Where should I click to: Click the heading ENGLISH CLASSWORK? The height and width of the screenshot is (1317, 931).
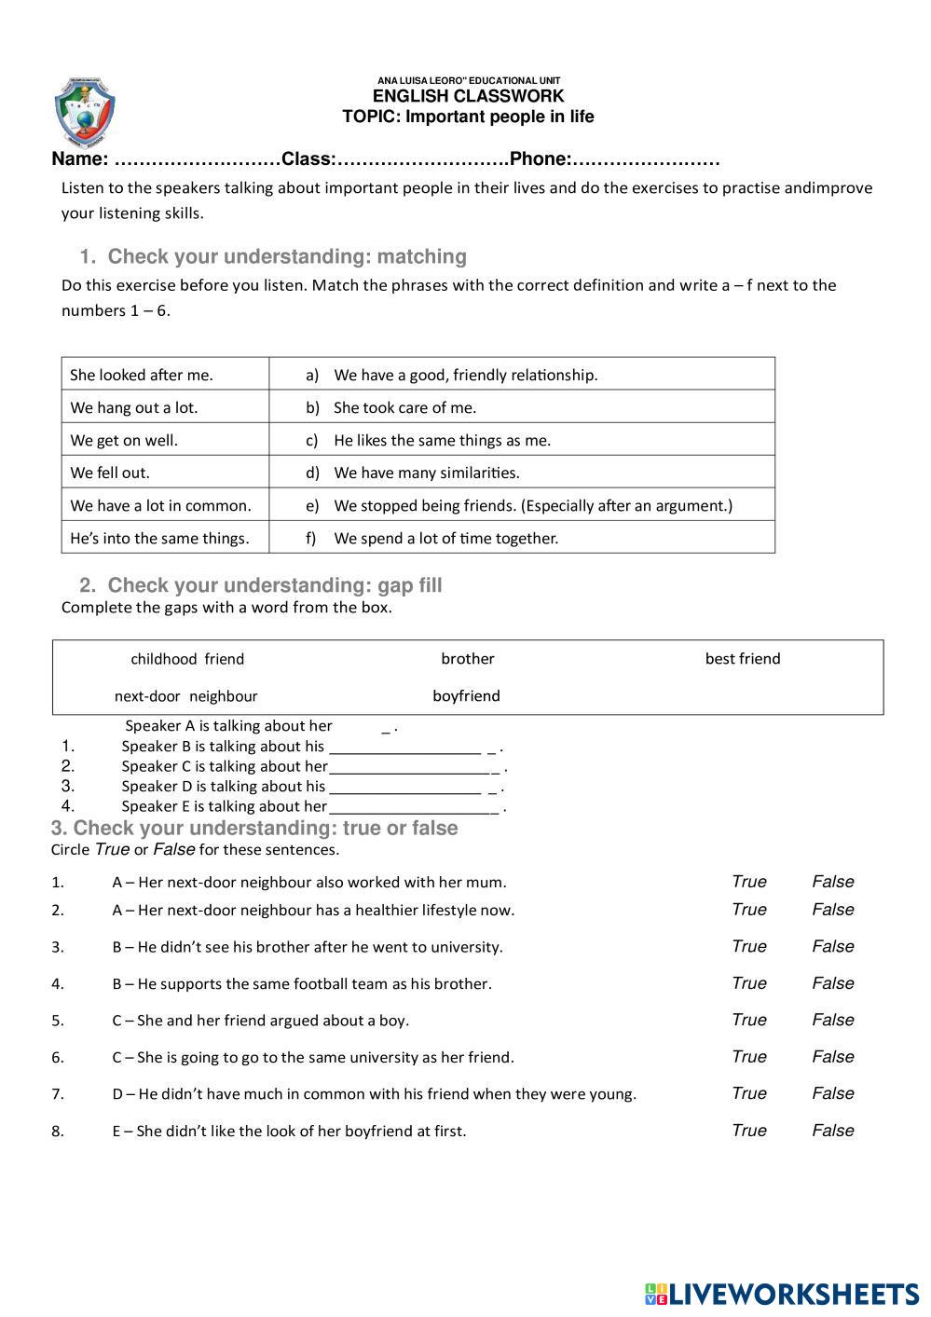point(468,96)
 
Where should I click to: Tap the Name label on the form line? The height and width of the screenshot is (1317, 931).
point(78,159)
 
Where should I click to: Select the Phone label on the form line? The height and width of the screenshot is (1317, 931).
point(540,159)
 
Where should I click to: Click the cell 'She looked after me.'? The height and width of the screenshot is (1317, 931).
point(142,375)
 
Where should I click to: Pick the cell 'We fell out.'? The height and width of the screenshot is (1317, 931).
point(110,473)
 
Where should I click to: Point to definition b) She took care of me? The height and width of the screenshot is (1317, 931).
point(404,407)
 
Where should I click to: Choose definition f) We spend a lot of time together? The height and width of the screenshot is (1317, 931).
point(445,538)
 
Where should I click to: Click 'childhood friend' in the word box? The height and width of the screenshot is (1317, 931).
point(187,659)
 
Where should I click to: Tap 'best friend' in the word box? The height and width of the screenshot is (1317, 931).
point(743,659)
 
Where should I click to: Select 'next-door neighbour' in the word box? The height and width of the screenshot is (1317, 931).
point(185,696)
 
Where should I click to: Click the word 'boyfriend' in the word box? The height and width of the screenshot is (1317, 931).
point(466,696)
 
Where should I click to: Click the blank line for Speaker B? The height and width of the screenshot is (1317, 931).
point(405,748)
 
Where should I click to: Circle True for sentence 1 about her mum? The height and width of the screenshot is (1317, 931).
point(748,882)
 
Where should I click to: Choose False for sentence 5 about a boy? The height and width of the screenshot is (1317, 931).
point(832,1020)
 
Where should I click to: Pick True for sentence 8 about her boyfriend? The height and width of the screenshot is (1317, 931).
point(748,1131)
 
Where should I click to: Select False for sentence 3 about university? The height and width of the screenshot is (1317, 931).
point(832,946)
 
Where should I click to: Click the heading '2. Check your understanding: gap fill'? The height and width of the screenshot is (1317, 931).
point(261,585)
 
